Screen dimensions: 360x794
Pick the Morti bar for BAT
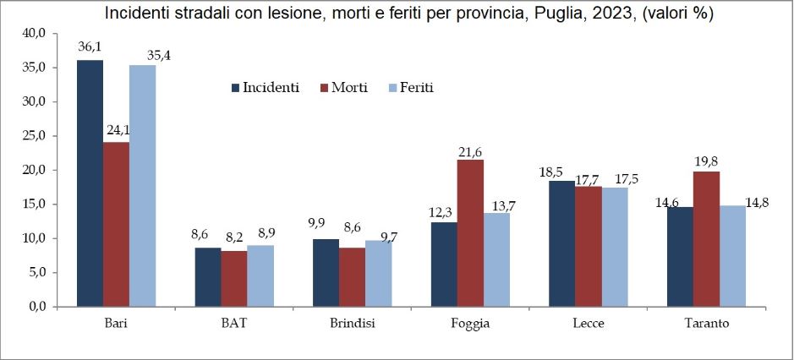(234, 278)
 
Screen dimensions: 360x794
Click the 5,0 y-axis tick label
(35, 272)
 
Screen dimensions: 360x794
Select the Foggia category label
(470, 324)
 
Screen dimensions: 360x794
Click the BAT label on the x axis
(234, 324)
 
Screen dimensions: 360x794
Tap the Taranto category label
(707, 324)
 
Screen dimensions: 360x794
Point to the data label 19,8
(707, 161)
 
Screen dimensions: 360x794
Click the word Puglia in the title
(560, 14)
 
